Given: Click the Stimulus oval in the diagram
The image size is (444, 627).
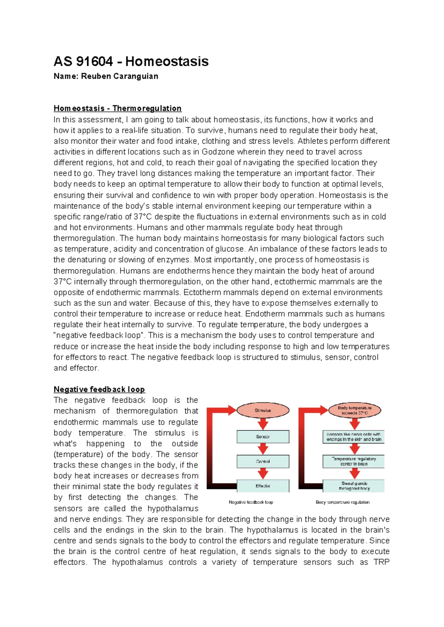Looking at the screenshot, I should coord(263,410).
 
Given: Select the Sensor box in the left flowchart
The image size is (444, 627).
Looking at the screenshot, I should coord(263,437).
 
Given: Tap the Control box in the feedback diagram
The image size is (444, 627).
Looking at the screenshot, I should coord(263,461).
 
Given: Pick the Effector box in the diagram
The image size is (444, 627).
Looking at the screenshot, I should coord(263,486).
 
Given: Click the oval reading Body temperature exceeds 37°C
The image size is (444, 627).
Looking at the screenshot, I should coord(354,410).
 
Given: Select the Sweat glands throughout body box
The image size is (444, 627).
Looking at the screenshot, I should coord(354,486).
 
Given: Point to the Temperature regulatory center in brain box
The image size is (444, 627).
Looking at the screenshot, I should coord(354,461).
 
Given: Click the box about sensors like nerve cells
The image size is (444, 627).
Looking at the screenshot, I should coord(354,437).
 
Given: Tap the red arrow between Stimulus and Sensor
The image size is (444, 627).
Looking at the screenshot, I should coord(263,424).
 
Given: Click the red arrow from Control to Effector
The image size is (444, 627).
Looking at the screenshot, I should coord(263,473).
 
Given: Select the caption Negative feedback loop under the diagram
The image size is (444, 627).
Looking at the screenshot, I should coord(251,502).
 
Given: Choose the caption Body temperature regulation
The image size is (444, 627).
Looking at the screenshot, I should coord(343,502).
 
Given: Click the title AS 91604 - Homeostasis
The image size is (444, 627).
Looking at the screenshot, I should coord(131,61).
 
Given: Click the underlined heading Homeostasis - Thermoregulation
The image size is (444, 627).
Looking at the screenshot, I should coord(117,108).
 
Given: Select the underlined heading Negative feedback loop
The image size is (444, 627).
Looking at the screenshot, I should coord(99,389).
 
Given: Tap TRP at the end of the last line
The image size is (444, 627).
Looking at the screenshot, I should coord(381,562).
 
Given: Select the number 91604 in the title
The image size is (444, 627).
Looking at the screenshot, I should coord(94,61).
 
